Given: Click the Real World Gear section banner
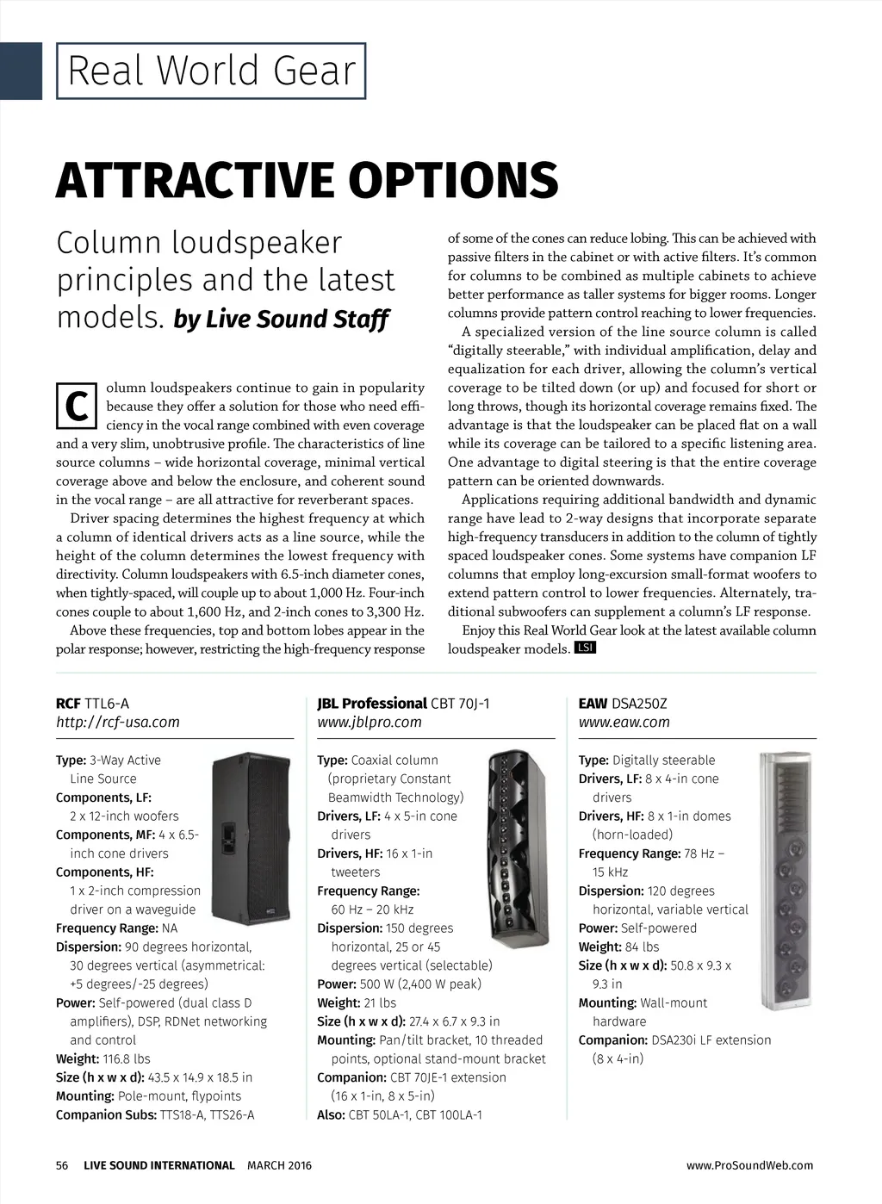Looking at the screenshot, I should pos(211,71).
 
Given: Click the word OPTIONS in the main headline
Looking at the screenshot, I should pos(453,180).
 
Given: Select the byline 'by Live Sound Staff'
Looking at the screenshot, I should pos(281,320).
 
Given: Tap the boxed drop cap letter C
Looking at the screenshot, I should pos(77,406).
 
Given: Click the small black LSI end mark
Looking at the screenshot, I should pos(585,648).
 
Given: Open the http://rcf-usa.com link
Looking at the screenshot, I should pos(118,723).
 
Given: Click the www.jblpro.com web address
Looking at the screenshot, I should pos(370,723).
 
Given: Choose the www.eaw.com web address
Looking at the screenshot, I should pos(624,723).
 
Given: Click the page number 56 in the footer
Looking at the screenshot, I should pos(62,1165).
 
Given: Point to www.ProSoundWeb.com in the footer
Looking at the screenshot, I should pos(749,1165).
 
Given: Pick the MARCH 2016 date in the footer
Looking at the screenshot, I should pos(280,1165).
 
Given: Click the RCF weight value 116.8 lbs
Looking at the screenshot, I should pos(127,1059).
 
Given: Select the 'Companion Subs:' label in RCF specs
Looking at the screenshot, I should pos(106,1115).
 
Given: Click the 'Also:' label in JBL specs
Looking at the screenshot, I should pos(331,1115).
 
